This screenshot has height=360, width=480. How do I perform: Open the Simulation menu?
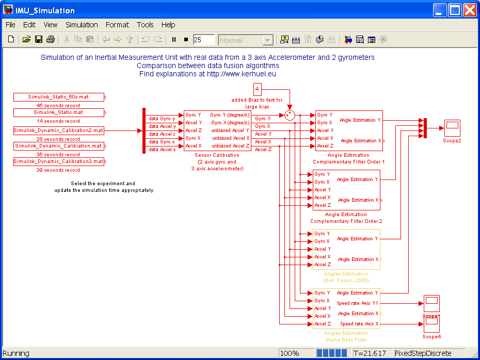(x=82, y=25)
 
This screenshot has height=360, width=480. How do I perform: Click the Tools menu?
(x=145, y=25)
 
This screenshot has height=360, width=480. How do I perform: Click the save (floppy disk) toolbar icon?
(x=39, y=40)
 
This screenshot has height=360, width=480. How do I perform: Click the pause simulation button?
(x=174, y=40)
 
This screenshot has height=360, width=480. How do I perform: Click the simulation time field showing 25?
(x=203, y=40)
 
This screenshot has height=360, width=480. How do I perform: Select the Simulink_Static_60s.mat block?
(x=58, y=97)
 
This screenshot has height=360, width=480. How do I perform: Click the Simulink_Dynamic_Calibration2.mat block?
(x=58, y=130)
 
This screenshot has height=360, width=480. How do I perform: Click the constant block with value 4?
(x=257, y=89)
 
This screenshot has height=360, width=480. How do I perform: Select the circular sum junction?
(x=290, y=116)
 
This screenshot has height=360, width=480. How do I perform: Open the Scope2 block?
(x=452, y=128)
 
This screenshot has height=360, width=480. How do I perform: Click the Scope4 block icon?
(x=431, y=324)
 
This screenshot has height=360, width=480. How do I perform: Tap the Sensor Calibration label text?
(x=217, y=155)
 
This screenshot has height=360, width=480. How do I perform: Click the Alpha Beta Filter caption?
(x=346, y=340)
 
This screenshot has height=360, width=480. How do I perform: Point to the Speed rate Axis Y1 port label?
(x=357, y=303)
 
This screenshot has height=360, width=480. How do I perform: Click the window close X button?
(x=470, y=10)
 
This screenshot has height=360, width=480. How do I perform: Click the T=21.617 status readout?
(x=370, y=353)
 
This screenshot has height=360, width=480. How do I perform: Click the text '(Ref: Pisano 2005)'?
(x=346, y=281)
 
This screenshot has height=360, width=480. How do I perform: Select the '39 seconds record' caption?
(x=58, y=170)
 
